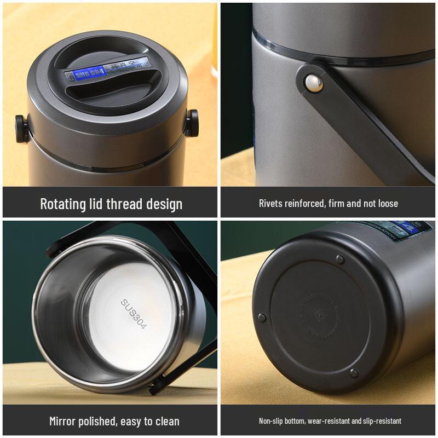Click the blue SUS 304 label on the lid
89,72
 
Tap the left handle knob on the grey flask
20,126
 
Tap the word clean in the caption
166,422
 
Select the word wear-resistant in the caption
328,421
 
